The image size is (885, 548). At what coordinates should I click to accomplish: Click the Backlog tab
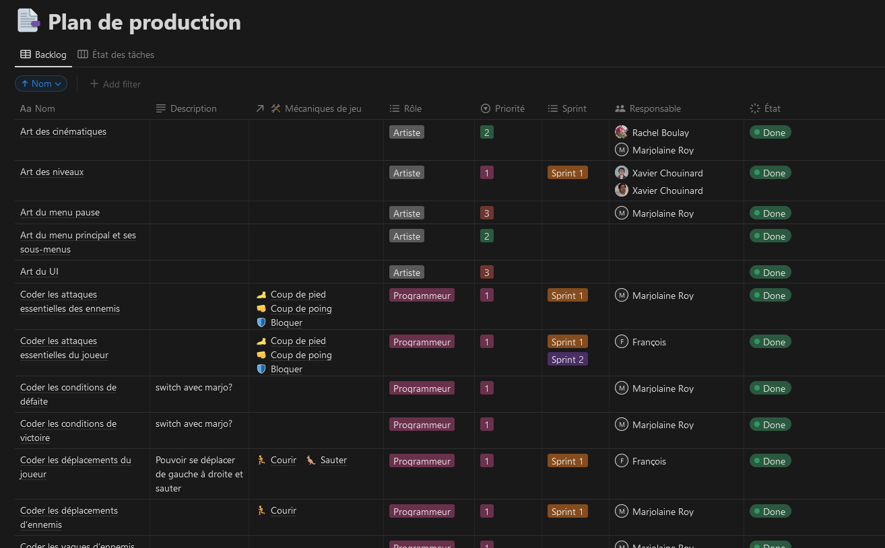[x=44, y=55]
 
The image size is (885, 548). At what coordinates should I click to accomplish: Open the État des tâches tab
[x=116, y=55]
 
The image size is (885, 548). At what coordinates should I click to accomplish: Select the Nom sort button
[x=41, y=83]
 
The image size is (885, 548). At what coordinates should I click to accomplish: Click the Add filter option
[x=115, y=84]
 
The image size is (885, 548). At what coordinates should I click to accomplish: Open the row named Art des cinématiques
[x=63, y=131]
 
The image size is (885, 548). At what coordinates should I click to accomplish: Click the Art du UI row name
[x=39, y=271]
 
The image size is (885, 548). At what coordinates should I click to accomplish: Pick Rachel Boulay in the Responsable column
[x=660, y=133]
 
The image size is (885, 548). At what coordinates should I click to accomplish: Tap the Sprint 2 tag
[x=567, y=359]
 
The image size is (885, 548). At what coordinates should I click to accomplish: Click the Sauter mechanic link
[x=333, y=460]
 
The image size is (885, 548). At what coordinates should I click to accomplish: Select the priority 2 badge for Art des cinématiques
[x=486, y=133]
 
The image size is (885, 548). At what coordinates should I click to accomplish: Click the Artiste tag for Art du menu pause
[x=407, y=213]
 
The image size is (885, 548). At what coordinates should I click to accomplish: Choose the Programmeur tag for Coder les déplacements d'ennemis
[x=422, y=512]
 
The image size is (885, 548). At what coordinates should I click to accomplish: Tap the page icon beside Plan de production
[x=28, y=21]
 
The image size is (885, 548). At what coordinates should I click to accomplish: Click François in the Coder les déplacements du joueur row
[x=649, y=461]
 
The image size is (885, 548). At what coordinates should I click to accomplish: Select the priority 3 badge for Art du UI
[x=486, y=273]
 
